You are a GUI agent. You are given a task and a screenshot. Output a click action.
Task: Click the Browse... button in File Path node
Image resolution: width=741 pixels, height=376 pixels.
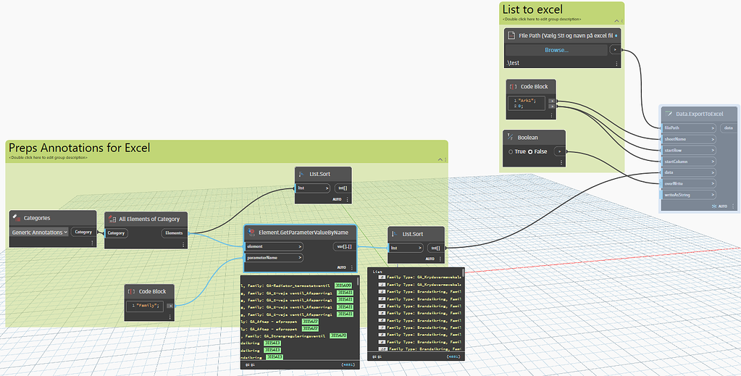[x=557, y=50]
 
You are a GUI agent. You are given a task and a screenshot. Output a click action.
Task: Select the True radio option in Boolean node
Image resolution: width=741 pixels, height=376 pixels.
[x=512, y=151]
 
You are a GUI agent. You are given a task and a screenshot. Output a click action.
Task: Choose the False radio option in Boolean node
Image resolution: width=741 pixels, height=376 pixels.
[x=530, y=151]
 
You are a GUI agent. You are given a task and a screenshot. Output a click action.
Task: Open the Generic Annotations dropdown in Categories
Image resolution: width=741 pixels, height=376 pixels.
[x=40, y=233]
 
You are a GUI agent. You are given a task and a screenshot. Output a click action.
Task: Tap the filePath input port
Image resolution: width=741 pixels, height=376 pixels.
[x=688, y=128]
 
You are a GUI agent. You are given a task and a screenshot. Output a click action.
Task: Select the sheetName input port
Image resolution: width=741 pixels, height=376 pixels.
[x=688, y=139]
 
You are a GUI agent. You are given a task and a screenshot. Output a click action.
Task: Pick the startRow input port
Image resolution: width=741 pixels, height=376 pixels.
[x=688, y=151]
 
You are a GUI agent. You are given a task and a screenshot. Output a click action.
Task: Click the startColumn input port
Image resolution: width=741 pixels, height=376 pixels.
[x=688, y=162]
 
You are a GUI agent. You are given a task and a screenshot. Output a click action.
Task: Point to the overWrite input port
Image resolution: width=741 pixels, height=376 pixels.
[x=688, y=183]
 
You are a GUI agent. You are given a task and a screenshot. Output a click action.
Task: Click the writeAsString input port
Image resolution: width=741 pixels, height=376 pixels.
[x=688, y=194]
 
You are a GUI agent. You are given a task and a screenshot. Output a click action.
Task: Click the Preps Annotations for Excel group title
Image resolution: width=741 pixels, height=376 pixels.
[x=80, y=148]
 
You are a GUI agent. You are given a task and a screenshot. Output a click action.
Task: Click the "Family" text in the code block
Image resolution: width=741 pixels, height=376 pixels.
[x=146, y=306]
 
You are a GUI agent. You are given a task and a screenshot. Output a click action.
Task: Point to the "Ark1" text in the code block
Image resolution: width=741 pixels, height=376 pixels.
[x=527, y=101]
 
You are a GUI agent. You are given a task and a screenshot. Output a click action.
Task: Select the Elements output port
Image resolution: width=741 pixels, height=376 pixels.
[x=174, y=233]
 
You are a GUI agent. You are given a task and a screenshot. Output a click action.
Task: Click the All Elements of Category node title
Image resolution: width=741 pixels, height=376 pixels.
[x=150, y=219]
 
